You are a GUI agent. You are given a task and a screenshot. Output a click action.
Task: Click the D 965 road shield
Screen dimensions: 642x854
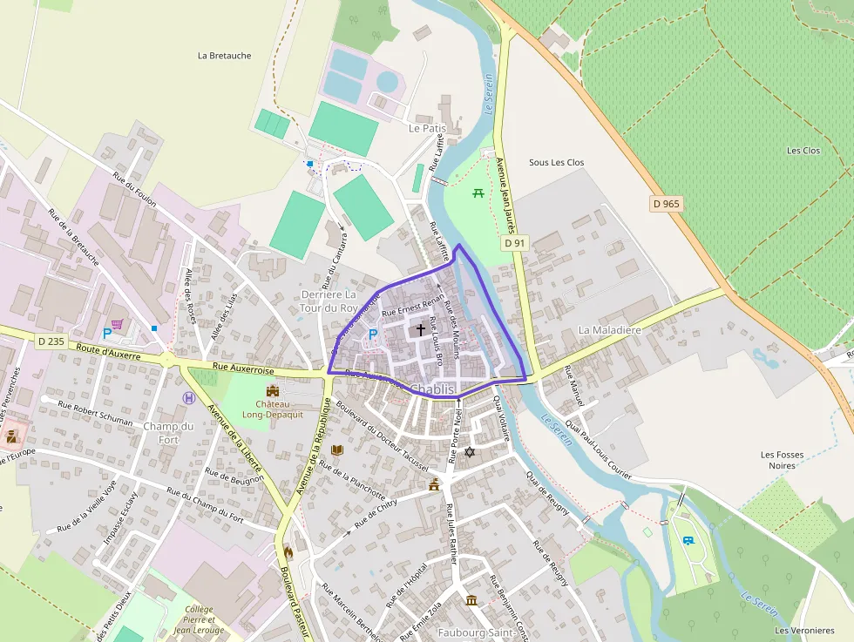667,204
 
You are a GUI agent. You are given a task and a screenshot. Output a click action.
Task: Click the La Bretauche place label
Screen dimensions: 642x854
224,56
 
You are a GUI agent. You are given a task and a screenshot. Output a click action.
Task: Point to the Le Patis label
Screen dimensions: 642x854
427,128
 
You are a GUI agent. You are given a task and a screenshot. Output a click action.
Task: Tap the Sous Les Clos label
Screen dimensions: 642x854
556,163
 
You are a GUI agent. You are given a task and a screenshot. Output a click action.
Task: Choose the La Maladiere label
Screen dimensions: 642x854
609,330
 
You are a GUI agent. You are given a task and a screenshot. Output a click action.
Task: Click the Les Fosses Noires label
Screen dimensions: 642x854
782,461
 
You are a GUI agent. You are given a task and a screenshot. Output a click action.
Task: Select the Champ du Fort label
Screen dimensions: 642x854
168,432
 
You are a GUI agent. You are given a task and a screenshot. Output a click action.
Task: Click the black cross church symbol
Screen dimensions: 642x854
421,330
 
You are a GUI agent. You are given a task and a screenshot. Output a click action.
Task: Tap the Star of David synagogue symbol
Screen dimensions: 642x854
471,451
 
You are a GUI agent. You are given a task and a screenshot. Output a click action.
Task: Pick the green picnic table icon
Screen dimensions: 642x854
478,193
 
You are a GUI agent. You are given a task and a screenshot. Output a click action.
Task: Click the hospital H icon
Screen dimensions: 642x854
189,398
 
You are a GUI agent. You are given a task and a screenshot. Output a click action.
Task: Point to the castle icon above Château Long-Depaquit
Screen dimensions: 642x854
273,390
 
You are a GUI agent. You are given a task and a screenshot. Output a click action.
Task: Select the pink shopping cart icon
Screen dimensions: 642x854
117,324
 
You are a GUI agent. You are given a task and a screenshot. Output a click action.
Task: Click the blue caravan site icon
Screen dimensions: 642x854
688,541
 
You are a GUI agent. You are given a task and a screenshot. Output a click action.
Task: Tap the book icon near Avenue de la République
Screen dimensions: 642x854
337,449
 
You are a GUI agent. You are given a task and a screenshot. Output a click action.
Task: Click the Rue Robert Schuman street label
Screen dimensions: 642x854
95,412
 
